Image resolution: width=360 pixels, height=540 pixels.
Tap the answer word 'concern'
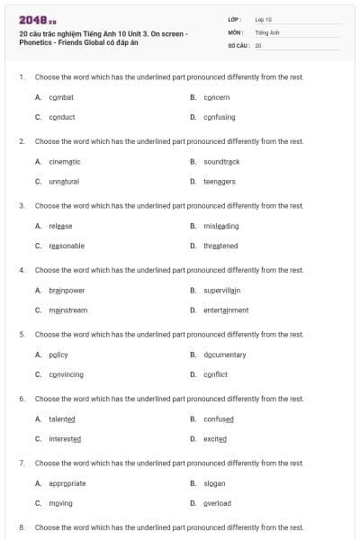click(216, 97)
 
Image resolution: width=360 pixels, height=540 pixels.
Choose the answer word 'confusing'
click(219, 117)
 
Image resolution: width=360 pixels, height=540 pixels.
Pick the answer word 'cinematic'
click(64, 162)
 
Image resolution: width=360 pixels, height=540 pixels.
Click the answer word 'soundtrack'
click(221, 162)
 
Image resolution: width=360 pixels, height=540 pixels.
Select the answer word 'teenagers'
click(219, 182)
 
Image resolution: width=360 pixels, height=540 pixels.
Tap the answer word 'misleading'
click(220, 226)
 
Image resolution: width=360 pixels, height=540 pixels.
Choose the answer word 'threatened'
click(220, 246)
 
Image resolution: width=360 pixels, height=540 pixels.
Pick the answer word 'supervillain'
click(222, 291)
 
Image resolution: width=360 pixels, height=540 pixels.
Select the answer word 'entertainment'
click(225, 310)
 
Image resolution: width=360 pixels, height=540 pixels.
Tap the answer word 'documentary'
click(224, 355)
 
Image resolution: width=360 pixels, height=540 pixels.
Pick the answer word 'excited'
click(215, 439)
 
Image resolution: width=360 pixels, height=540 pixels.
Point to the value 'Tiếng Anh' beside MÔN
click(267, 31)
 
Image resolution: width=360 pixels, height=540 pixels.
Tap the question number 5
click(22, 334)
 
